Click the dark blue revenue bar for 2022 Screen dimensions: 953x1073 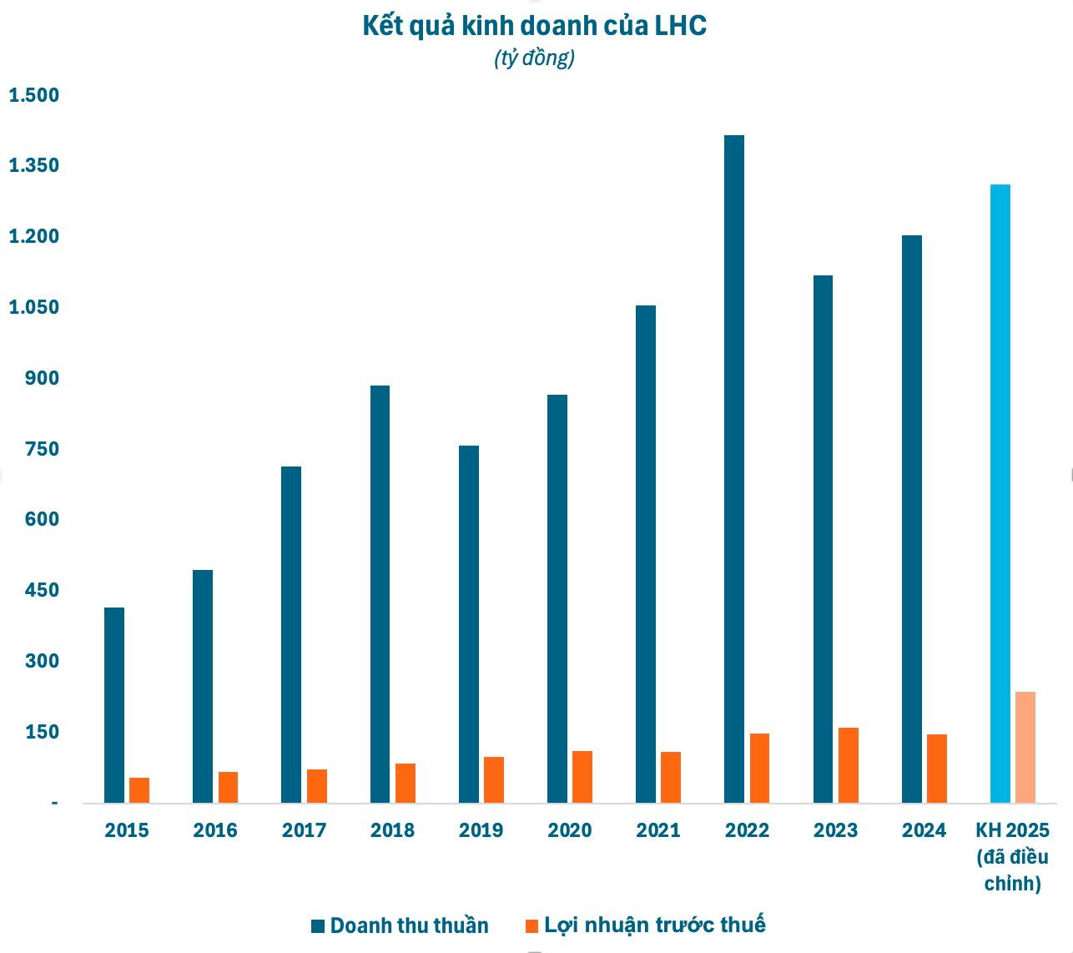click(x=733, y=467)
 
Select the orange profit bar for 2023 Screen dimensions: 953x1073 click(x=848, y=764)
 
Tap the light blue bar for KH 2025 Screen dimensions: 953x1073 click(x=1000, y=492)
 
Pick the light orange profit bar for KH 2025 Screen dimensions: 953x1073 click(x=1025, y=747)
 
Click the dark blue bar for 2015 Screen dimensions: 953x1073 click(x=114, y=704)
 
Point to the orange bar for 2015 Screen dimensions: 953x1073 click(x=139, y=789)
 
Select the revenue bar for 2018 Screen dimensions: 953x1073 click(x=380, y=593)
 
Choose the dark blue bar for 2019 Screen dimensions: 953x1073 click(x=468, y=623)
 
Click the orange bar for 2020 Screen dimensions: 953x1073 click(x=582, y=776)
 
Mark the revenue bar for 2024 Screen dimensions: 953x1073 click(x=911, y=518)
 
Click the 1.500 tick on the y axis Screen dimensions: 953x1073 click(x=34, y=95)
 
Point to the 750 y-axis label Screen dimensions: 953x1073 click(x=43, y=449)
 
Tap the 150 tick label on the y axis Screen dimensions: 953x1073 click(x=43, y=732)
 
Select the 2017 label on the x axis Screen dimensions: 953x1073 click(x=304, y=830)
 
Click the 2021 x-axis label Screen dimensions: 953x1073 click(x=658, y=830)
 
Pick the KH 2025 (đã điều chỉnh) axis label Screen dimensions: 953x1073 click(x=1012, y=856)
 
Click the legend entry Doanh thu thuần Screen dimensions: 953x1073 click(x=400, y=925)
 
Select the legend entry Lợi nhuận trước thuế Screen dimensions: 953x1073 click(x=645, y=925)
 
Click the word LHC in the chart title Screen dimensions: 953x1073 click(x=680, y=26)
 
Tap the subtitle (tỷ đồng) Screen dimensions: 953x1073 click(x=534, y=58)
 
